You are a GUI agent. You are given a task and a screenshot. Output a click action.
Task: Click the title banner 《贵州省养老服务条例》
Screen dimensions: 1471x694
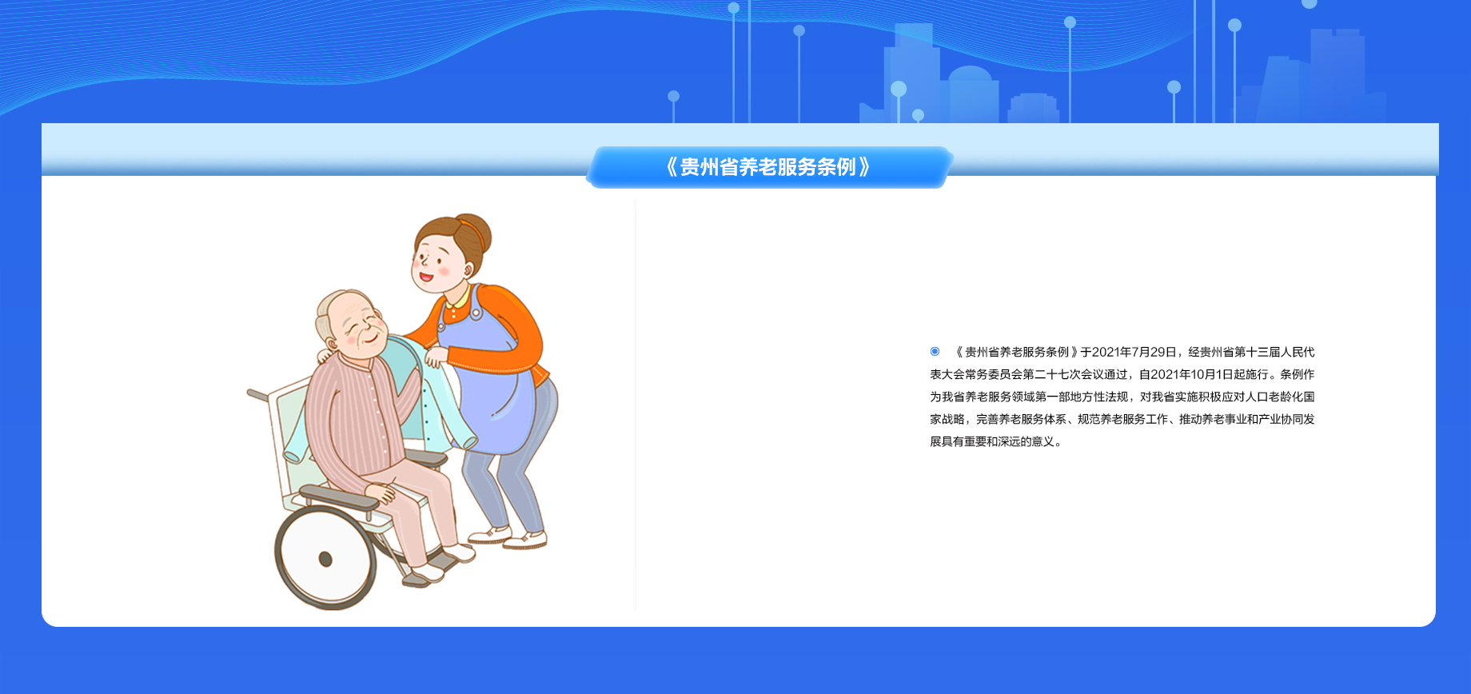click(768, 167)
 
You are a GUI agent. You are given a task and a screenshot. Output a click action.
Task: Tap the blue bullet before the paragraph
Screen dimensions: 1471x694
click(935, 352)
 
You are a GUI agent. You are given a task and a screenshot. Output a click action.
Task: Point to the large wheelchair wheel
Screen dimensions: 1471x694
click(325, 557)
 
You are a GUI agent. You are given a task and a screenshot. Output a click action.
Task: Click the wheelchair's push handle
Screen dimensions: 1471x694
click(257, 395)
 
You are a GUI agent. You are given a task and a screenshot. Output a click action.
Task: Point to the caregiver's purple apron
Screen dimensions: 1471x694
click(488, 376)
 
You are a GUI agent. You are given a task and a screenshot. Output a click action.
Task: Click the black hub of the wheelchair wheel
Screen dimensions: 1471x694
click(325, 558)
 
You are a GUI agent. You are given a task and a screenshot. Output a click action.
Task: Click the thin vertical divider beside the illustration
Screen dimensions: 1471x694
click(636, 405)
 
